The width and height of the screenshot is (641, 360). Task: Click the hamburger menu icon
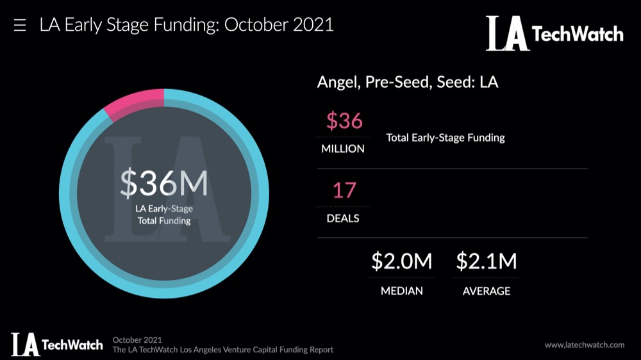click(x=20, y=26)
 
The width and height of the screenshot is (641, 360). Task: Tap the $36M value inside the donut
click(x=164, y=184)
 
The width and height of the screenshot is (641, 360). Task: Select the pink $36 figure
click(x=344, y=120)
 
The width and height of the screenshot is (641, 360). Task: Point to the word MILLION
click(x=342, y=149)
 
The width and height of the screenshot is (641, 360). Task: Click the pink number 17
click(x=344, y=190)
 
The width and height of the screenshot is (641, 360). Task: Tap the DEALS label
click(x=343, y=218)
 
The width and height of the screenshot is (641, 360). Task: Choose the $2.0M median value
click(x=402, y=261)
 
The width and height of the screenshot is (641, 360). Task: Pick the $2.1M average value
click(x=486, y=261)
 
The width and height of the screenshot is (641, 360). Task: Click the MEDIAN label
click(x=402, y=291)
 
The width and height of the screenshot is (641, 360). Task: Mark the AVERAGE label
click(x=487, y=291)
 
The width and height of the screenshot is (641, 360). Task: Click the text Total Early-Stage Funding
click(x=445, y=138)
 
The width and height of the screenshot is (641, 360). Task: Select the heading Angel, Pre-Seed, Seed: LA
click(x=408, y=83)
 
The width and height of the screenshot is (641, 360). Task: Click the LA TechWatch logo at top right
click(x=554, y=33)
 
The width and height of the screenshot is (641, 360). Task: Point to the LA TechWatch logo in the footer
click(x=56, y=345)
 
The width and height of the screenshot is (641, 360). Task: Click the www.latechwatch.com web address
click(x=584, y=345)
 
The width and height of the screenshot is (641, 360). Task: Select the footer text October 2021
click(x=137, y=340)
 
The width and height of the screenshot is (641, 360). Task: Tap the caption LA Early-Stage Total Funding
click(x=164, y=215)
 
